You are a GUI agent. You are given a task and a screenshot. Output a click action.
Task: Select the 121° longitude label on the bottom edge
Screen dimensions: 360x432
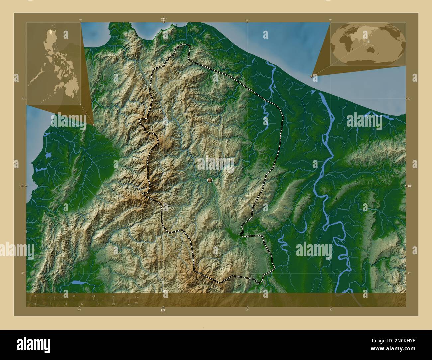pyautogui.click(x=163, y=310)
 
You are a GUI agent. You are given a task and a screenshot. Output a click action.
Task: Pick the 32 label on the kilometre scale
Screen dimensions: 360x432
pyautogui.click(x=113, y=296)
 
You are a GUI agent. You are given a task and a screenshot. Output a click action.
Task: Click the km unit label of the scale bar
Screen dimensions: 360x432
pyautogui.click(x=137, y=297)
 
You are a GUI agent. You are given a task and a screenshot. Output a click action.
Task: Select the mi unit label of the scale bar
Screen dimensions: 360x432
pyautogui.click(x=136, y=302)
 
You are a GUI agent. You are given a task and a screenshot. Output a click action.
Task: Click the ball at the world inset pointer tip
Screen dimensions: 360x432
pyautogui.click(x=312, y=76)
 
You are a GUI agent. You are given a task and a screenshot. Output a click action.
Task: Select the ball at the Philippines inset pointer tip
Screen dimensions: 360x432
pyautogui.click(x=94, y=125)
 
